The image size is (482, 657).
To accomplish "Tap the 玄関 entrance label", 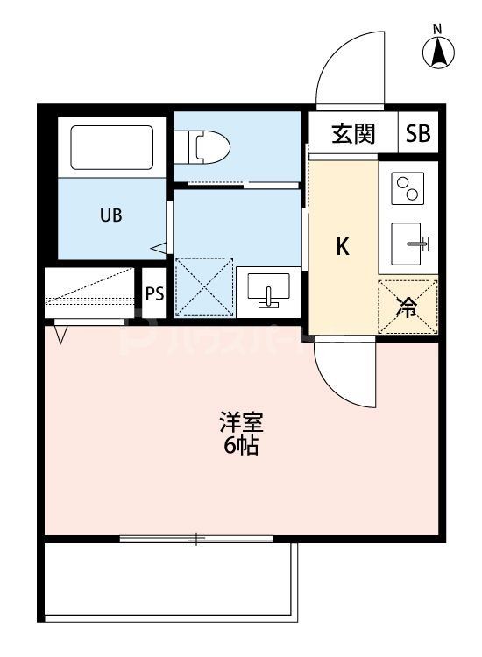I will tap(353, 134).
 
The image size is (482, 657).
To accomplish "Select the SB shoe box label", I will tap(418, 134).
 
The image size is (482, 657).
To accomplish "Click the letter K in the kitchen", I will tap(344, 247).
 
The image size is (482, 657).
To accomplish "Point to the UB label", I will tap(110, 215).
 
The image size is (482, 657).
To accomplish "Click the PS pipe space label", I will tap(154, 293).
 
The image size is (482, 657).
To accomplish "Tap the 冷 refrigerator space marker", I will tap(407, 307).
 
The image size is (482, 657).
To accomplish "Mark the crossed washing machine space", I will tap(203, 286).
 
